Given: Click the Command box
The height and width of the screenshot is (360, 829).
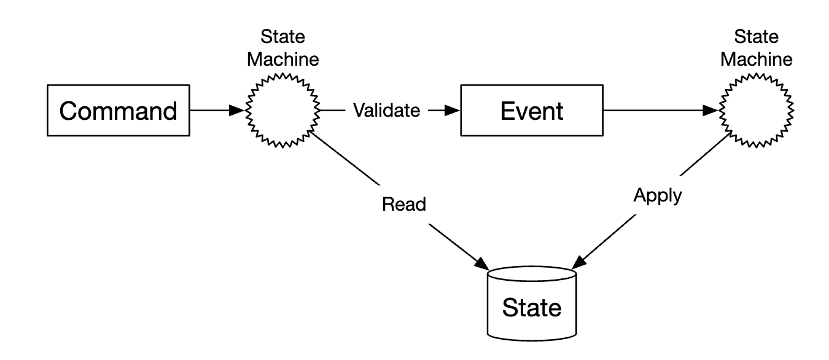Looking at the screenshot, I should click(x=119, y=111).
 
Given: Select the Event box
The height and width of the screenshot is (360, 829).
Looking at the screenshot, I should click(x=532, y=111).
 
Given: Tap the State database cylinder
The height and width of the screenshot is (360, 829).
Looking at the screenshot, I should click(x=532, y=303).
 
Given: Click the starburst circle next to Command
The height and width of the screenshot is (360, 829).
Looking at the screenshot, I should click(x=283, y=111).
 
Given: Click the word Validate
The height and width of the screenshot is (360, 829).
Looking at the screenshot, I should click(x=386, y=111).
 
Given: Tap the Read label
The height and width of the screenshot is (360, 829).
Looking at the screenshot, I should click(x=403, y=205).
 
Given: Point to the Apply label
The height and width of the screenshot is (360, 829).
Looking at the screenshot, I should click(x=656, y=197).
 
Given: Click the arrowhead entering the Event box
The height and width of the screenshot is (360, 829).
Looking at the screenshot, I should click(x=453, y=111).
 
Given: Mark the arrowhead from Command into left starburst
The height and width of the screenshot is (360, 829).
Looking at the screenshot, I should click(x=238, y=111).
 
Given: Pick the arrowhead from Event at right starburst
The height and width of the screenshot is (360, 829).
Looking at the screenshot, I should click(x=713, y=111).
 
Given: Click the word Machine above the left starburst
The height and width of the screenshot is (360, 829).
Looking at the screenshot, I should click(x=283, y=60).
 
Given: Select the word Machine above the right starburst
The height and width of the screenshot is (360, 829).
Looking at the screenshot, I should click(x=756, y=60).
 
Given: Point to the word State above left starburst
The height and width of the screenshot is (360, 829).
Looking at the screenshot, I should click(x=283, y=37).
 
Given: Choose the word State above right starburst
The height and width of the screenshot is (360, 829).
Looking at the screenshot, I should click(x=756, y=37).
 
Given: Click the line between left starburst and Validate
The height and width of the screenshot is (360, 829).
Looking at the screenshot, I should click(x=332, y=111).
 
